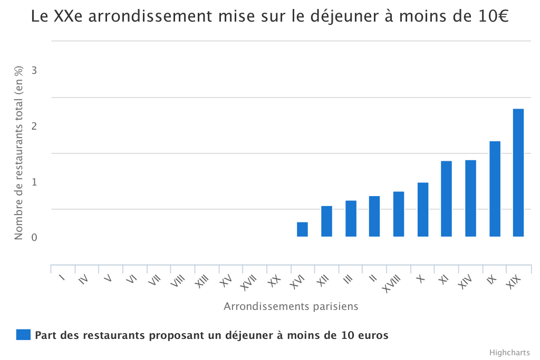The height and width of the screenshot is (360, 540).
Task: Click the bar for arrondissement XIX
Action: pyautogui.click(x=518, y=173)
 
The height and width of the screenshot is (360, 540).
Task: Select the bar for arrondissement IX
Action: pyautogui.click(x=494, y=189)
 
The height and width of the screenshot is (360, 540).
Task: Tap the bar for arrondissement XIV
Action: pyautogui.click(x=470, y=198)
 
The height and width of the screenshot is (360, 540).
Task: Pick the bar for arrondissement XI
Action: pyautogui.click(x=446, y=199)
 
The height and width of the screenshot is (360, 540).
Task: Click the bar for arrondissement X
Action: pyautogui.click(x=422, y=209)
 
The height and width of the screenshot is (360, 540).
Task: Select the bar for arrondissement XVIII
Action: pyautogui.click(x=399, y=214)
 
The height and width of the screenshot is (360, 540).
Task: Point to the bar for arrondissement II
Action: pyautogui.click(x=374, y=216)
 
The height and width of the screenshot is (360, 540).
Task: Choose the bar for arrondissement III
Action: pyautogui.click(x=351, y=218)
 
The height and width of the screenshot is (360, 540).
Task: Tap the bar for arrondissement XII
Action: pyautogui.click(x=326, y=221)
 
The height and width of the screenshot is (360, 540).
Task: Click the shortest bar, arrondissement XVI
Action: pyautogui.click(x=302, y=229)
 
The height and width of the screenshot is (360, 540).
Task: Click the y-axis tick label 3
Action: pyautogui.click(x=35, y=70)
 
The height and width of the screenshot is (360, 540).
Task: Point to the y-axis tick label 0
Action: pyautogui.click(x=35, y=238)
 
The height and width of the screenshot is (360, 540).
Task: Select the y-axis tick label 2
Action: pyautogui.click(x=35, y=126)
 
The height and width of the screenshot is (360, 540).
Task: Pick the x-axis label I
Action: pyautogui.click(x=62, y=278)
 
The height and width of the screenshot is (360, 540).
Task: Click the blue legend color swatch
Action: pyautogui.click(x=23, y=335)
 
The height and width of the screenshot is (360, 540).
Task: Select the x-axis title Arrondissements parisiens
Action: pyautogui.click(x=291, y=306)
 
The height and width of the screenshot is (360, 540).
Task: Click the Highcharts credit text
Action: pyautogui.click(x=509, y=352)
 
